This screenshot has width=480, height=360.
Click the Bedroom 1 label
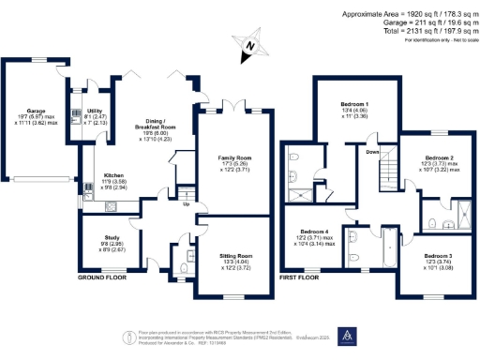click(x=353, y=104)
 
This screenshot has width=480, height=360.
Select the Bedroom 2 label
click(x=439, y=158)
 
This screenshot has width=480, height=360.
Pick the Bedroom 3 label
click(x=438, y=256)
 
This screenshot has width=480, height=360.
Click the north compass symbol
click(x=248, y=46)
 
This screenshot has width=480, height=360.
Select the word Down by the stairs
click(x=371, y=151)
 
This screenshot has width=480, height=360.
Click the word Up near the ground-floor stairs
click(x=187, y=203)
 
